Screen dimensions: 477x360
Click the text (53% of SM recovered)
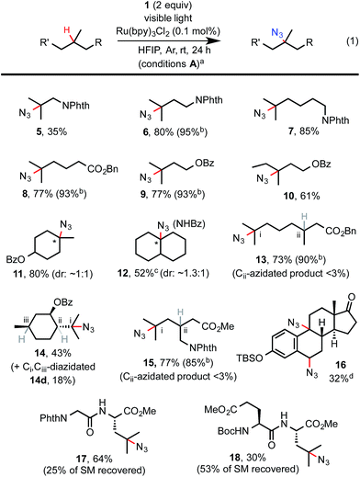[263, 470]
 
